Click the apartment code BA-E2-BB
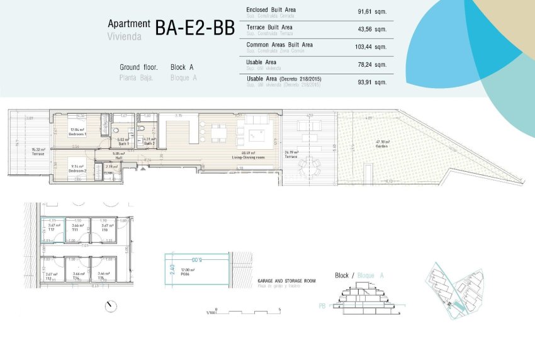[194, 28]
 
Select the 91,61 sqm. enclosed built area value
[371, 12]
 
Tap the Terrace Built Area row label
[270, 28]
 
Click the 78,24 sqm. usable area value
[371, 65]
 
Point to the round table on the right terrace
[307, 167]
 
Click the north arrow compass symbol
[111, 307]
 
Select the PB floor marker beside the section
[322, 307]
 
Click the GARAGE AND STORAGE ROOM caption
[286, 281]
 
